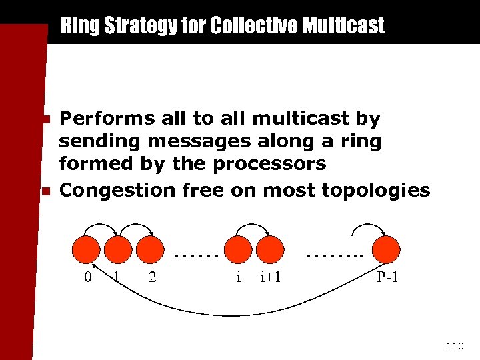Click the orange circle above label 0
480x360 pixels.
coord(88,249)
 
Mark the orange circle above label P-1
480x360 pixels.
coord(387,249)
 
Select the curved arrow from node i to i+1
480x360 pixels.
coord(254,226)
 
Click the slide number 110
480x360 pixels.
coord(455,345)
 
